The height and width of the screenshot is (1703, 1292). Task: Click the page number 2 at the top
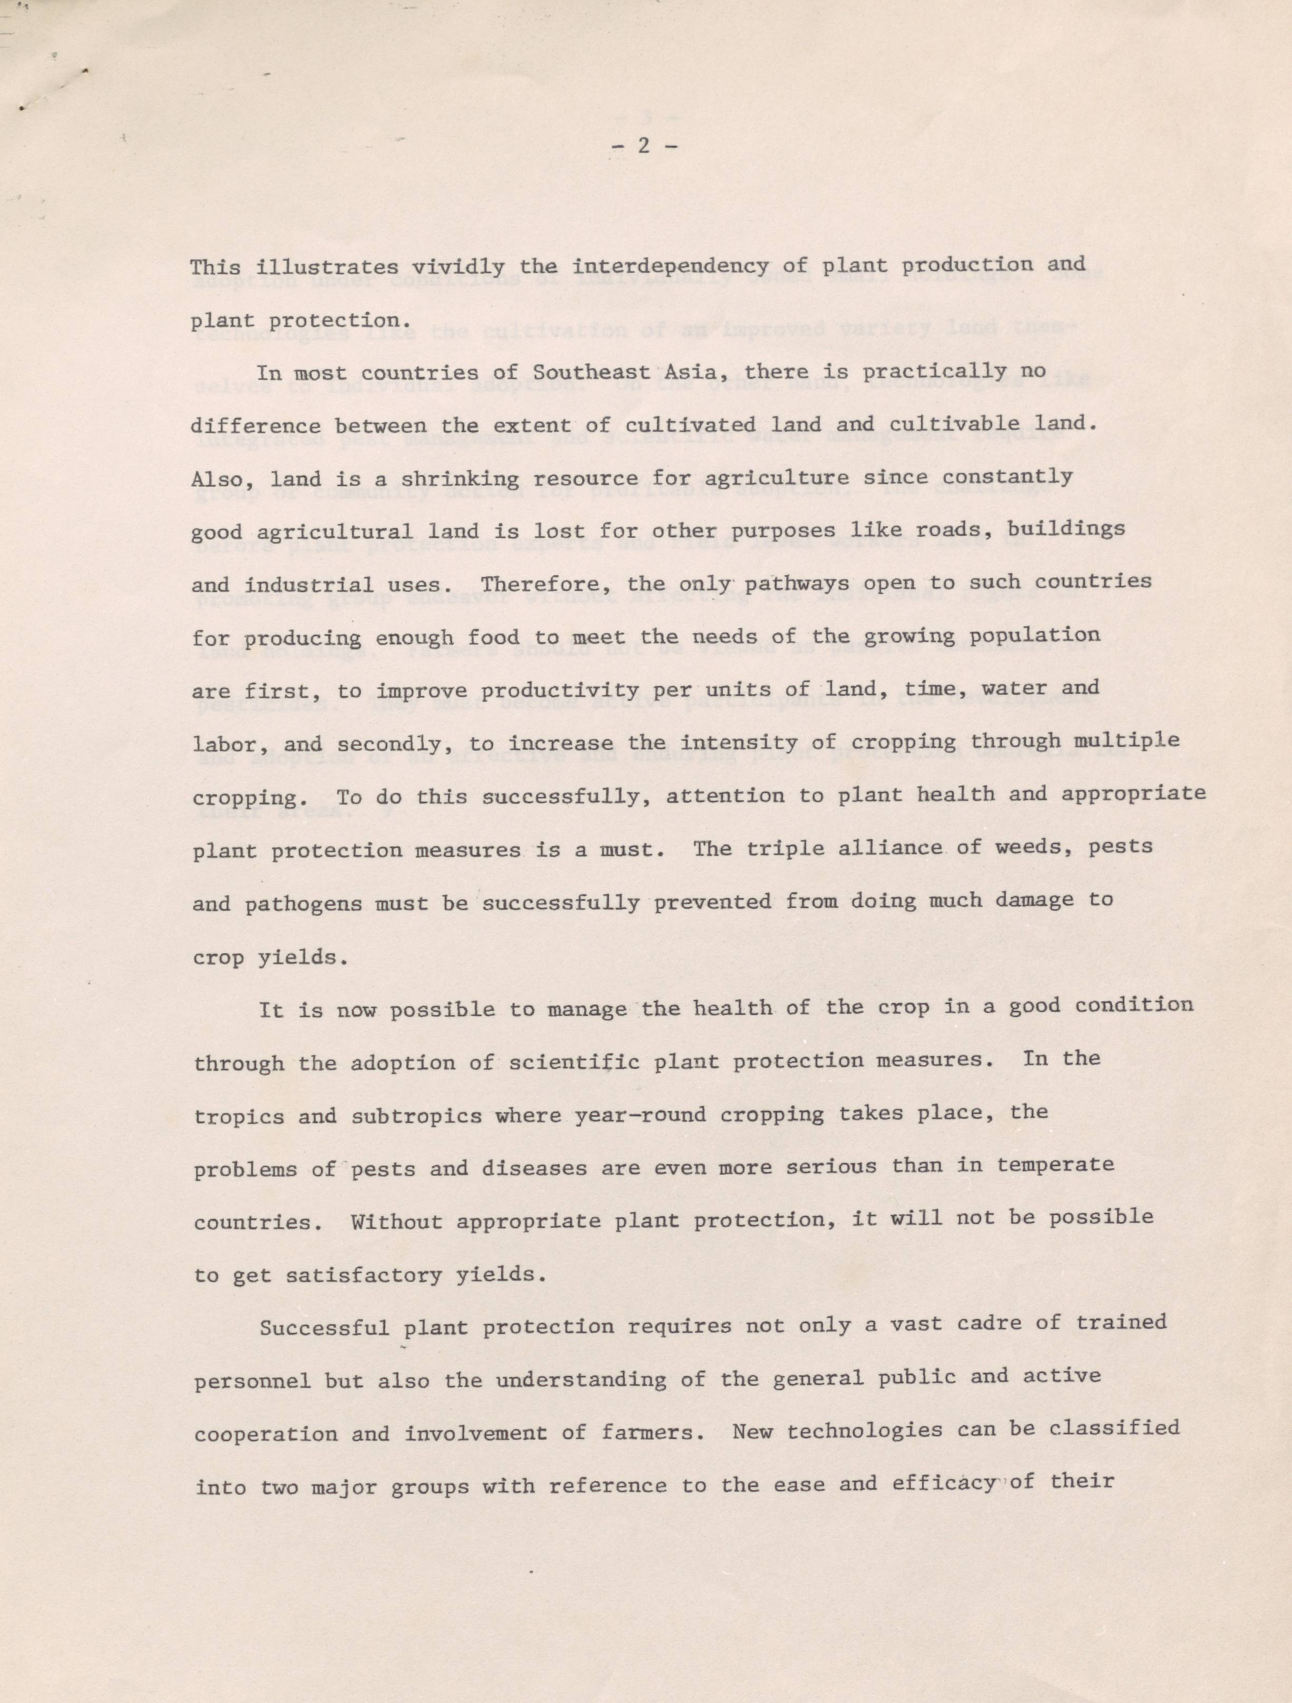[x=645, y=145]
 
